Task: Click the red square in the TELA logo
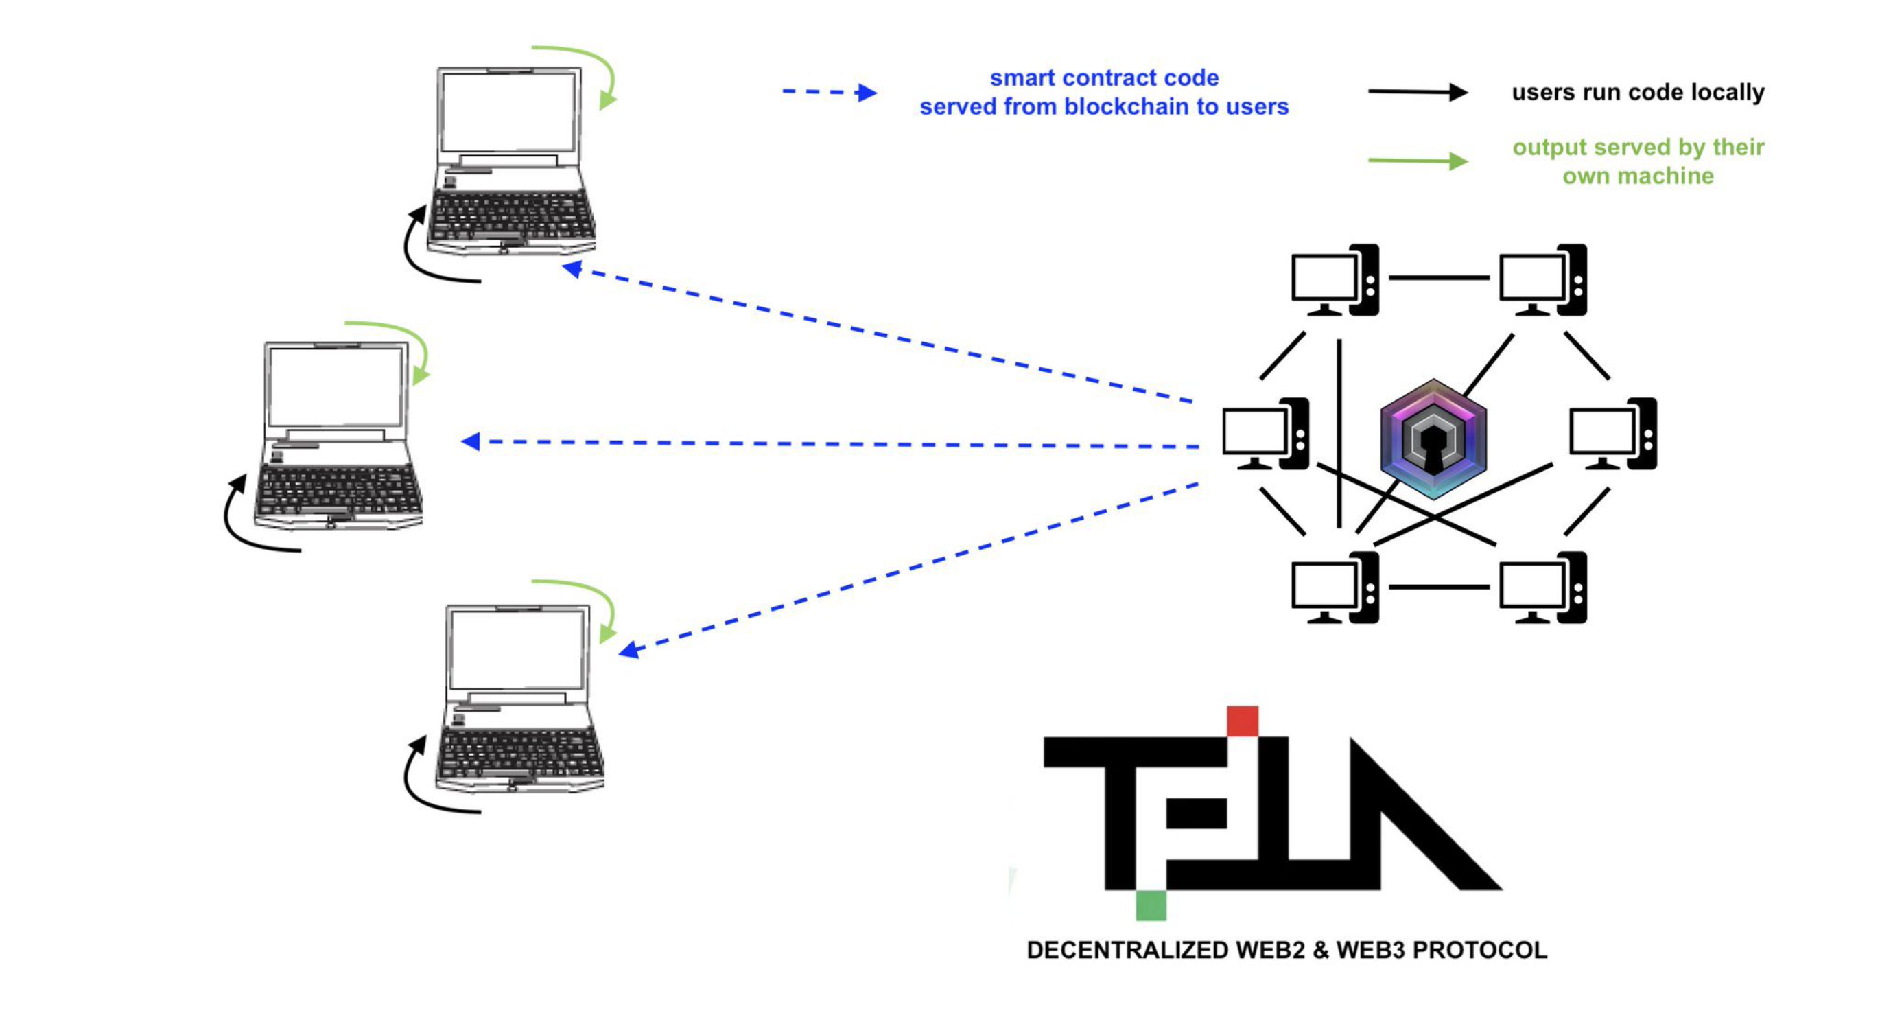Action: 1242,721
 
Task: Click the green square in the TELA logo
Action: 1151,905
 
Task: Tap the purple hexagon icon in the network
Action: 1433,439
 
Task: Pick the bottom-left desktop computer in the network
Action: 1334,588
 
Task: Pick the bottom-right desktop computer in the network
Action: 1542,588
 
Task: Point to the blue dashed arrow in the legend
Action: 829,92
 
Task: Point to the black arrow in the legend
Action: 1417,92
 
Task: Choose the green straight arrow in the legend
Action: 1417,161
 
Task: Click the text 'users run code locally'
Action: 1638,93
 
